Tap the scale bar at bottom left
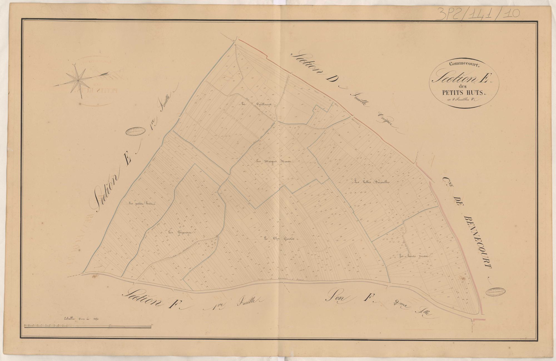(x=88, y=326)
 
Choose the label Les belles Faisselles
(x=372, y=183)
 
